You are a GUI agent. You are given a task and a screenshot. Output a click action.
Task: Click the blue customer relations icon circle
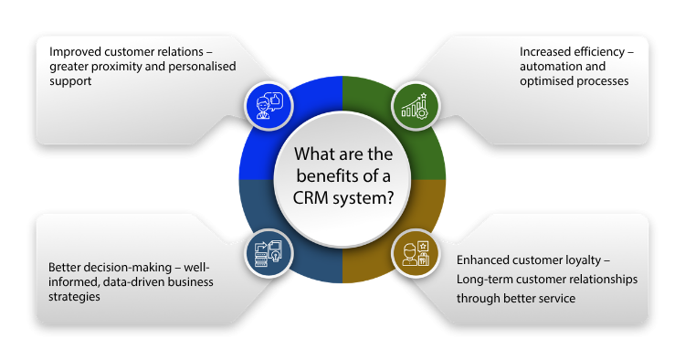pyautogui.click(x=268, y=106)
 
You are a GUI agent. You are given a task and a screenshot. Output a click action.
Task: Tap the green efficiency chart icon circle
pyautogui.click(x=416, y=106)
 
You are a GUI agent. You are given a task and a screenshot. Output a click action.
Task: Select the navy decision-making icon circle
pyautogui.click(x=268, y=254)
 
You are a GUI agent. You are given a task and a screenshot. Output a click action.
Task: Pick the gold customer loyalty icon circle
pyautogui.click(x=416, y=254)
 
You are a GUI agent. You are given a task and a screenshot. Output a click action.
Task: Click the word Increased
pyautogui.click(x=546, y=50)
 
